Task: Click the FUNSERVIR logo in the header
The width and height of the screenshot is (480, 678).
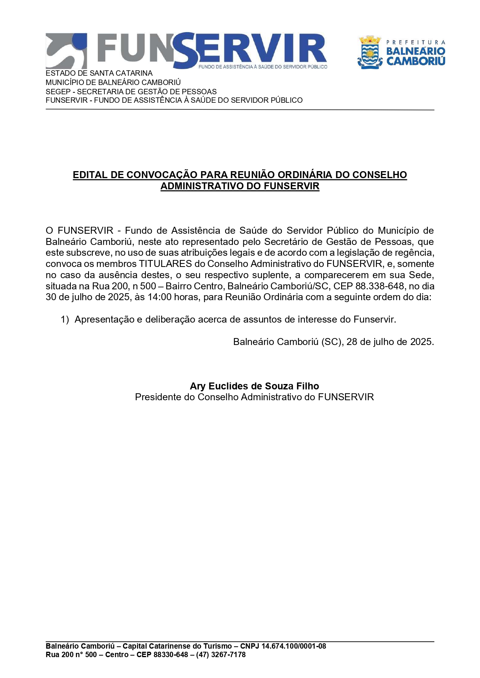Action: pyautogui.click(x=186, y=51)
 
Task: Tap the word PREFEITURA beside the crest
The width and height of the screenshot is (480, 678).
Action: pyautogui.click(x=415, y=42)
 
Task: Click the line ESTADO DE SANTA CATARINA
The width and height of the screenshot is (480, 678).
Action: pyautogui.click(x=99, y=73)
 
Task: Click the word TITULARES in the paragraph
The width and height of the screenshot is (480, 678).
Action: pyautogui.click(x=166, y=264)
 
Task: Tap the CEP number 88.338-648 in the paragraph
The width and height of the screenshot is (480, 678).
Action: pyautogui.click(x=379, y=286)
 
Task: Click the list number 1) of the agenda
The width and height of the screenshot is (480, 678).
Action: pyautogui.click(x=65, y=319)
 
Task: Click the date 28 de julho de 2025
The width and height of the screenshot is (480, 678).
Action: pyautogui.click(x=390, y=342)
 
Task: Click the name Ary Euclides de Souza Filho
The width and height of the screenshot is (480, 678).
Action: pyautogui.click(x=254, y=386)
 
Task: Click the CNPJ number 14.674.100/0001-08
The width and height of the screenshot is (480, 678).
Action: pyautogui.click(x=294, y=646)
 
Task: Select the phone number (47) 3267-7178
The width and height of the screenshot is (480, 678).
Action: pyautogui.click(x=221, y=654)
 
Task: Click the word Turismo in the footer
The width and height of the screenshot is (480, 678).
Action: pyautogui.click(x=215, y=646)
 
